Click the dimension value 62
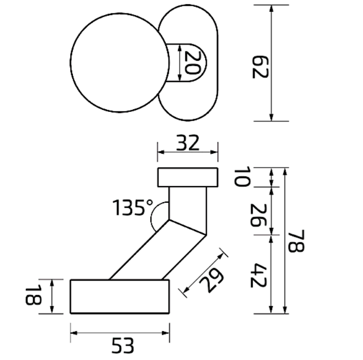point(260,67)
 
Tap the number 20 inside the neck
point(193,62)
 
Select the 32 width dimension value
point(187,143)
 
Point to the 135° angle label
point(133,207)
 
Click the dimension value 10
point(242,176)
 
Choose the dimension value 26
point(259,215)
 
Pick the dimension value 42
point(259,275)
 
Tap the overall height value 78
point(296,241)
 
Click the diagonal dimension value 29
point(211,280)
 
